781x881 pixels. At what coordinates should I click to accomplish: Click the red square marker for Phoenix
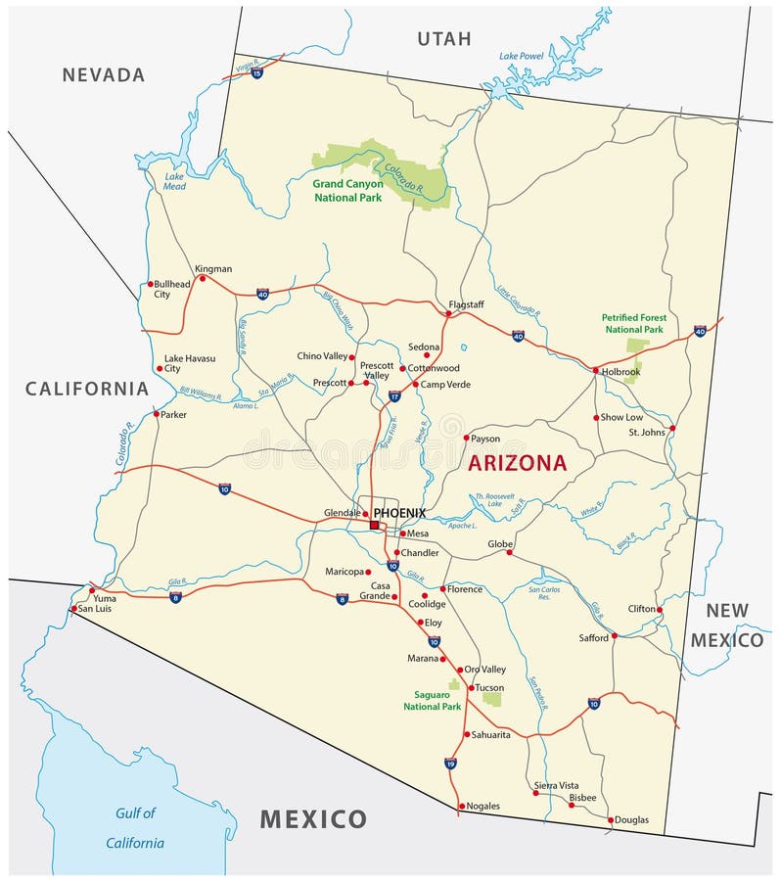click(374, 525)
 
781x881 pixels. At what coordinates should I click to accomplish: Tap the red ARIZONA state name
click(517, 463)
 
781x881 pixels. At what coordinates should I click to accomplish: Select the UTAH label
click(444, 39)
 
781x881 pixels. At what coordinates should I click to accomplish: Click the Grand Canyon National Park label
click(348, 190)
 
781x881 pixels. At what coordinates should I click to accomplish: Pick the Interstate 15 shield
click(256, 72)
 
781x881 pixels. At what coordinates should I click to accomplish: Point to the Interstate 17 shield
click(394, 396)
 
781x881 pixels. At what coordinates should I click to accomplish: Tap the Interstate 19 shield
click(450, 763)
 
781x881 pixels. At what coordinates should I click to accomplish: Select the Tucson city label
click(489, 688)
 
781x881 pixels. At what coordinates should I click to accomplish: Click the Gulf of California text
click(135, 827)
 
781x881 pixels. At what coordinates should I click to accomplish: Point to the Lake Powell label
click(521, 56)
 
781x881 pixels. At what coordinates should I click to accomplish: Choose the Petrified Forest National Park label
click(633, 323)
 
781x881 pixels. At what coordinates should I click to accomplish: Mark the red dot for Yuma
click(92, 590)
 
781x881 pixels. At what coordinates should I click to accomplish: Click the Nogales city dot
click(460, 807)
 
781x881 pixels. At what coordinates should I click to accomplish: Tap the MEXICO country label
click(313, 819)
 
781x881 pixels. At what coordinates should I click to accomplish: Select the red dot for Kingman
click(203, 278)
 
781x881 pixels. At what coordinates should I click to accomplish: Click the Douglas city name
click(632, 819)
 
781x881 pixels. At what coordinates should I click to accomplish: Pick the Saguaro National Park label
click(432, 700)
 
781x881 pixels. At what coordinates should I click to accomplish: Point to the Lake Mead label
click(175, 180)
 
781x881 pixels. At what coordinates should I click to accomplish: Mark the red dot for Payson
click(466, 438)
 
